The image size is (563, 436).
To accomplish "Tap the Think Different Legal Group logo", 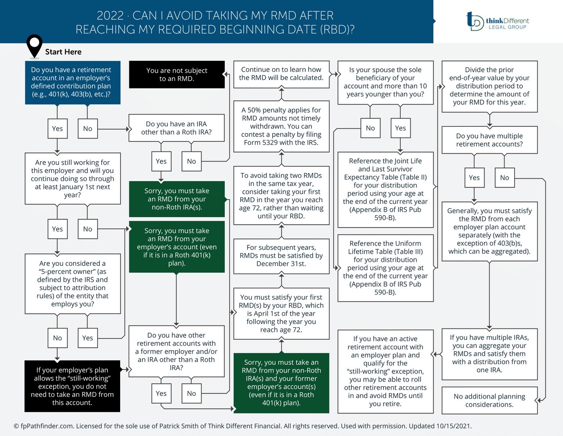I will click(x=497, y=21).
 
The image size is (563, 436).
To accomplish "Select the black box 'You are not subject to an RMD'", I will click(x=176, y=74).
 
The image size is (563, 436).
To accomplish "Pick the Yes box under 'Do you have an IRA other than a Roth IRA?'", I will click(x=161, y=161).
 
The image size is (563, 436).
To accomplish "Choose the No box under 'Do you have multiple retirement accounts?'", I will click(x=505, y=177).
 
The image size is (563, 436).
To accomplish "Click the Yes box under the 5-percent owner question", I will click(x=88, y=338).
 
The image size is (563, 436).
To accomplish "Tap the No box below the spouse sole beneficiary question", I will click(x=370, y=128).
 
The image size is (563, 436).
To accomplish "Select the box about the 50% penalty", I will click(x=281, y=126).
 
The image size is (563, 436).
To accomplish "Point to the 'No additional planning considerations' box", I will click(x=489, y=400).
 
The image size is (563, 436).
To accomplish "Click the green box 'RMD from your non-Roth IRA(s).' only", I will click(x=176, y=199).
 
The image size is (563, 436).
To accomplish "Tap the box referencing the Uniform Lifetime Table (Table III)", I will click(x=385, y=268).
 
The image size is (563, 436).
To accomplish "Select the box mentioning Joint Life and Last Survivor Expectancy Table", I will click(x=385, y=189).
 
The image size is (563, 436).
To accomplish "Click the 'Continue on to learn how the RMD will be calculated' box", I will click(x=281, y=74).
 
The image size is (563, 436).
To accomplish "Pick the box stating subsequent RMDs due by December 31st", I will click(x=281, y=255).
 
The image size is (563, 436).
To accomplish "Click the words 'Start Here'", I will click(x=63, y=52).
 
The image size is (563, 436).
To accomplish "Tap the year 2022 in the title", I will click(x=110, y=15).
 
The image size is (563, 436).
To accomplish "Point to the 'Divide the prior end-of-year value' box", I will click(x=489, y=86).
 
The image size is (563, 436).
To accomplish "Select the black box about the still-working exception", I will click(x=72, y=386).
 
